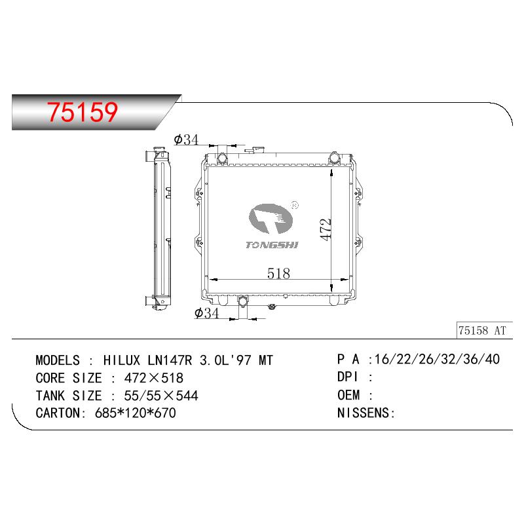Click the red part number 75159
point(83,112)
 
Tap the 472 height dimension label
point(325,229)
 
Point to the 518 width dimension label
point(278,274)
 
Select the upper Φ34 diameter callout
point(186,140)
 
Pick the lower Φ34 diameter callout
point(206,313)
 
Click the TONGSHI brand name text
point(272,245)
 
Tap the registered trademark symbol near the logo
point(295,205)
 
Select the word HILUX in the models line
point(122,360)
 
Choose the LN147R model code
point(170,360)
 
